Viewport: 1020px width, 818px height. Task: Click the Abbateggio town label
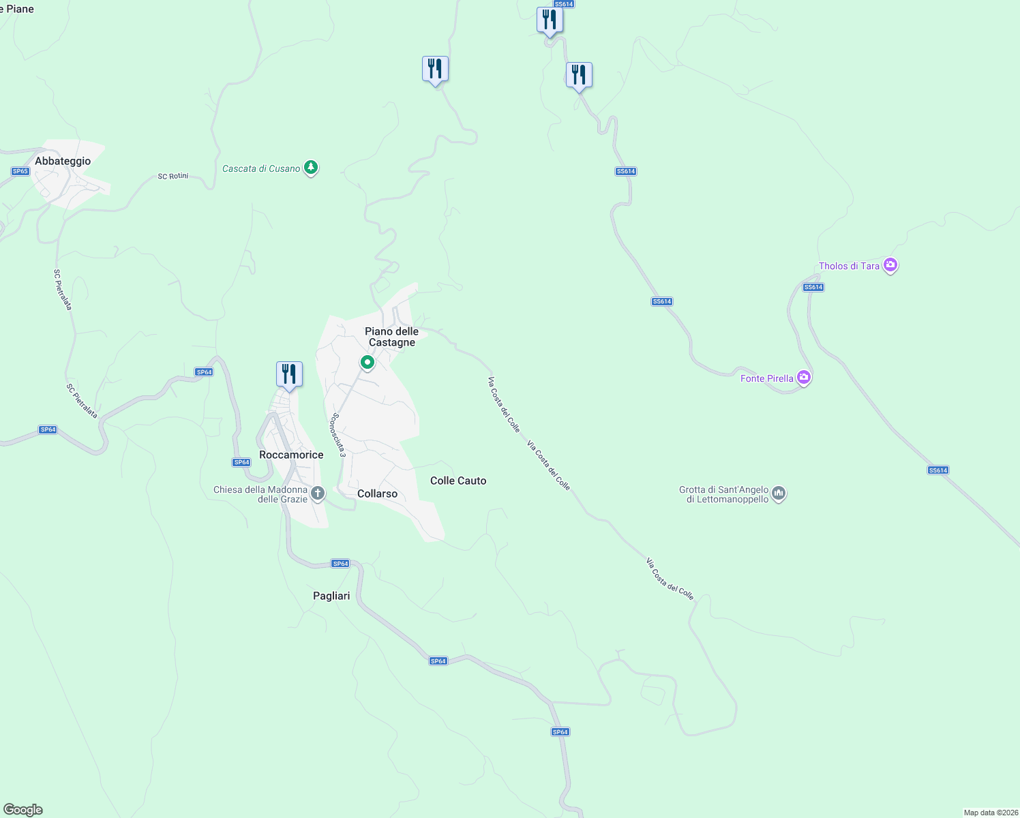pos(63,162)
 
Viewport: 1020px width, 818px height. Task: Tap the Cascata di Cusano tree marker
pos(311,167)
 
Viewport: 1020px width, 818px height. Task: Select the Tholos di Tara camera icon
pos(890,265)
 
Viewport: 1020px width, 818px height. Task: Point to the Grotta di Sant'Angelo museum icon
pos(779,493)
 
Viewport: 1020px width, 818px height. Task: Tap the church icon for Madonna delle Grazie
pos(317,492)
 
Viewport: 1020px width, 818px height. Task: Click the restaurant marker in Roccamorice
pos(289,374)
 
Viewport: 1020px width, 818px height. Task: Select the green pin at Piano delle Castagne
pos(367,362)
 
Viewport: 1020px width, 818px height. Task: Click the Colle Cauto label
pos(458,481)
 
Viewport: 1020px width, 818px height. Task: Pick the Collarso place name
pos(377,494)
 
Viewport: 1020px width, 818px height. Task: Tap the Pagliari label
pos(331,596)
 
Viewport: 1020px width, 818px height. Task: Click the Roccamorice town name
pos(291,455)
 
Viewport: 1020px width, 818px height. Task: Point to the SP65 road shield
pos(20,171)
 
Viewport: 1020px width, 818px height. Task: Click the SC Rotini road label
pos(172,177)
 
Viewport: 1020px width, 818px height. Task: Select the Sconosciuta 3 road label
pos(338,435)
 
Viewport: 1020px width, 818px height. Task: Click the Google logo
pos(23,810)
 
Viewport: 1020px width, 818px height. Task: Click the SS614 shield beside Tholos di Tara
pos(813,287)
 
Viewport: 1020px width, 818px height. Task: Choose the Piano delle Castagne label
pos(391,337)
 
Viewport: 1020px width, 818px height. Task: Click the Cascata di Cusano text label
pos(261,168)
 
